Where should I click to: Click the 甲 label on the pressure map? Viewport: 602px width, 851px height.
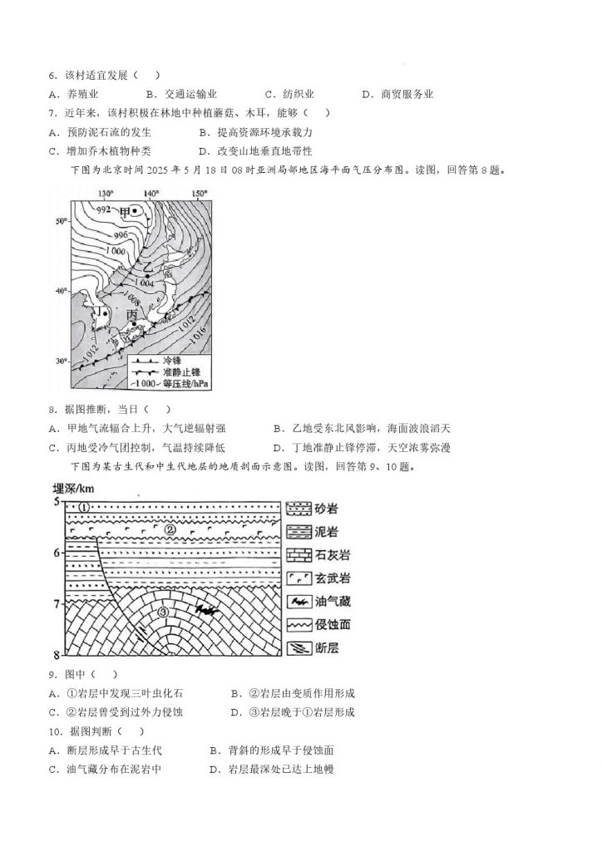point(126,212)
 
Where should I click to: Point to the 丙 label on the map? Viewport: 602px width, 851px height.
point(131,317)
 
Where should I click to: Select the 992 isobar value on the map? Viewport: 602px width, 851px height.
point(103,209)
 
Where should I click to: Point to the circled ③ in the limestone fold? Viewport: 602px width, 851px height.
point(164,614)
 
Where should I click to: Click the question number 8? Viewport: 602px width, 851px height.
point(52,410)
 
